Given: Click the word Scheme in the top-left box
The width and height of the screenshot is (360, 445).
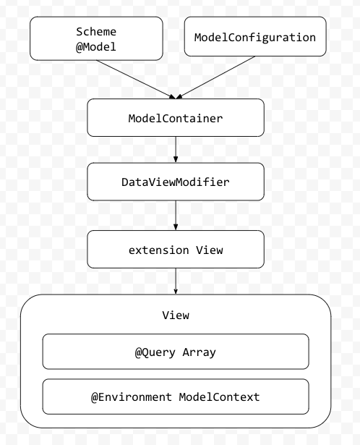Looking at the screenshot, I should [96, 32].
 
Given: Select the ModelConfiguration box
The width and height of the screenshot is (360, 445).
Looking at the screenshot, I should [255, 38].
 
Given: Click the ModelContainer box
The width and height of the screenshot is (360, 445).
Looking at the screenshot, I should [176, 118].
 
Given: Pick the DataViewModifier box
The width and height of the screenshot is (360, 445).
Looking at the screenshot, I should [176, 182].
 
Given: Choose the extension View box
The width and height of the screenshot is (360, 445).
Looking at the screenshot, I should [176, 250].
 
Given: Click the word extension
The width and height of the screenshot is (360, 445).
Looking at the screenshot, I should [159, 250].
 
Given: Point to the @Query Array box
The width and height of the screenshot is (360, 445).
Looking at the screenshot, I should [176, 352].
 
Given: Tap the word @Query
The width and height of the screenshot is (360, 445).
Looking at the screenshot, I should [153, 352].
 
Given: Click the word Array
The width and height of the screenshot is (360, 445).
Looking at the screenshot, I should [199, 352].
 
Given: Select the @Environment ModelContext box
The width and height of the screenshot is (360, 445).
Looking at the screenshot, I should [176, 397].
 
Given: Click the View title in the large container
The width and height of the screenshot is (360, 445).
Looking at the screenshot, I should [176, 315].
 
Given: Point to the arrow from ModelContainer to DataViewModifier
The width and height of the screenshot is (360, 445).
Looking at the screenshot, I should [176, 149].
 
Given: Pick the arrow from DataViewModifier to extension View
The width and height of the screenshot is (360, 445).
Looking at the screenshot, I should [176, 216].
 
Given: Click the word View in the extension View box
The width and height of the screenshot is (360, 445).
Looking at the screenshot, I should [210, 250].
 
